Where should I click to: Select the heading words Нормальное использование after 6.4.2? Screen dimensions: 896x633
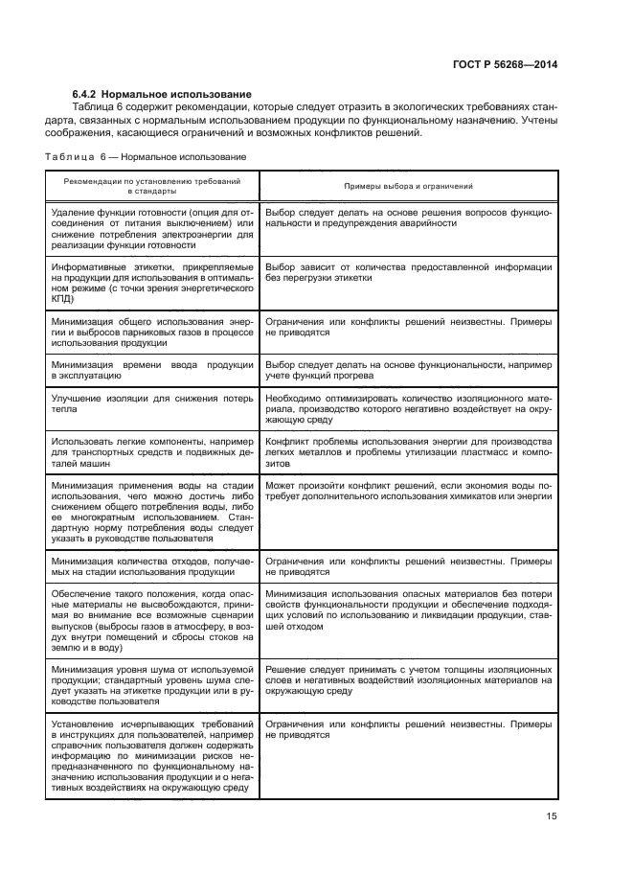click(x=180, y=94)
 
